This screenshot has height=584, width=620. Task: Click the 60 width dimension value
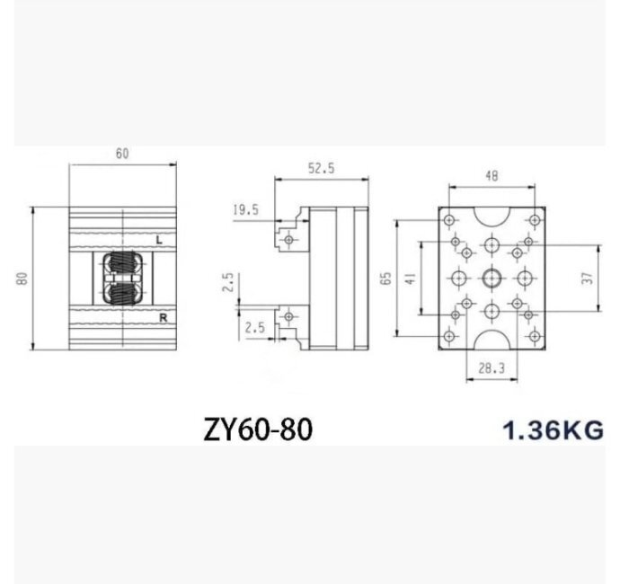coord(122,154)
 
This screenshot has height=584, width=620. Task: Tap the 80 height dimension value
coord(22,279)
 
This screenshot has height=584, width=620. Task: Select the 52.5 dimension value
coord(321,168)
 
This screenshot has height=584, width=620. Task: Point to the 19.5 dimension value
coord(245,209)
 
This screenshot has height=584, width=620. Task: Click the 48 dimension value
coord(492,176)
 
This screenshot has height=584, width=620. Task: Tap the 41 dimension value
coord(411,279)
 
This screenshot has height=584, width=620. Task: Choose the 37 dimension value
coord(589,278)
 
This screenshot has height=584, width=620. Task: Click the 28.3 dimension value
coord(492,368)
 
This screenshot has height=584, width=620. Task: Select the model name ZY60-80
coord(258,429)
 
